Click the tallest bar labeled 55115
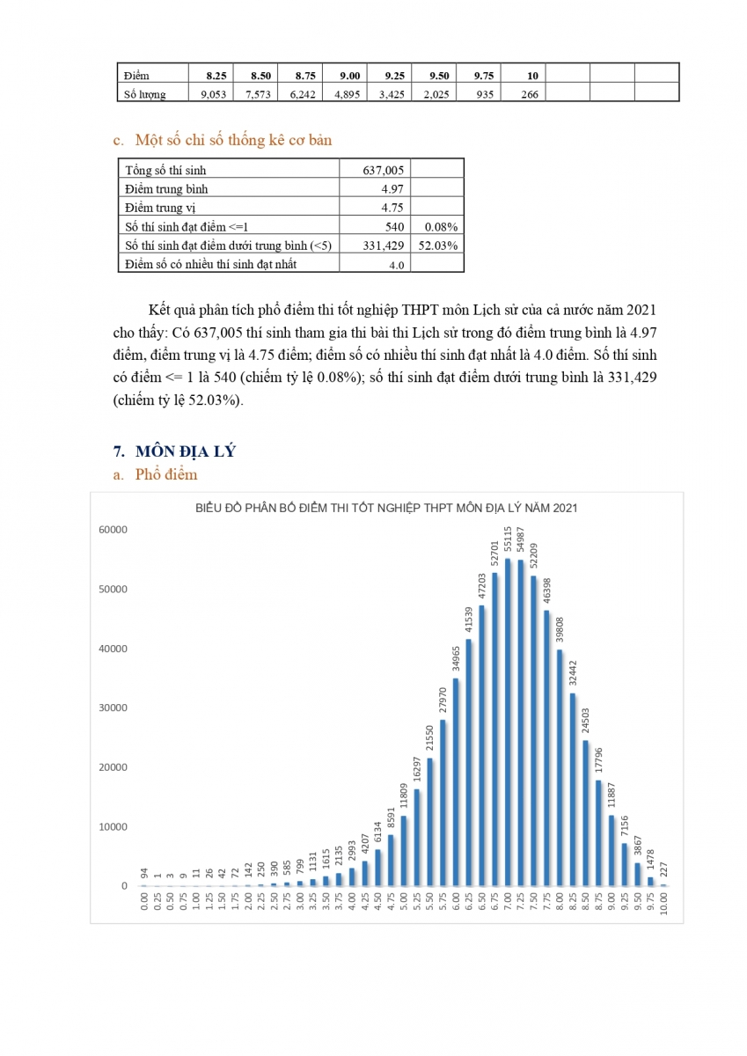[508, 722]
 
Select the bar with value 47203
[481, 746]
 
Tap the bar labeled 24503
[585, 813]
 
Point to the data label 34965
[456, 658]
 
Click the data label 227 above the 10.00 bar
[663, 869]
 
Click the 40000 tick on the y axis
[113, 649]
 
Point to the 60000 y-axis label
[113, 530]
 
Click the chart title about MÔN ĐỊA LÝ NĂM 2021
[386, 508]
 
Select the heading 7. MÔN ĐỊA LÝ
[174, 451]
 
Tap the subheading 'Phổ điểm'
[166, 474]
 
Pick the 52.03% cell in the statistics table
[438, 246]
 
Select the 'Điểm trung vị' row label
[160, 208]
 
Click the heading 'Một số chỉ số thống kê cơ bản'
[233, 140]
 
